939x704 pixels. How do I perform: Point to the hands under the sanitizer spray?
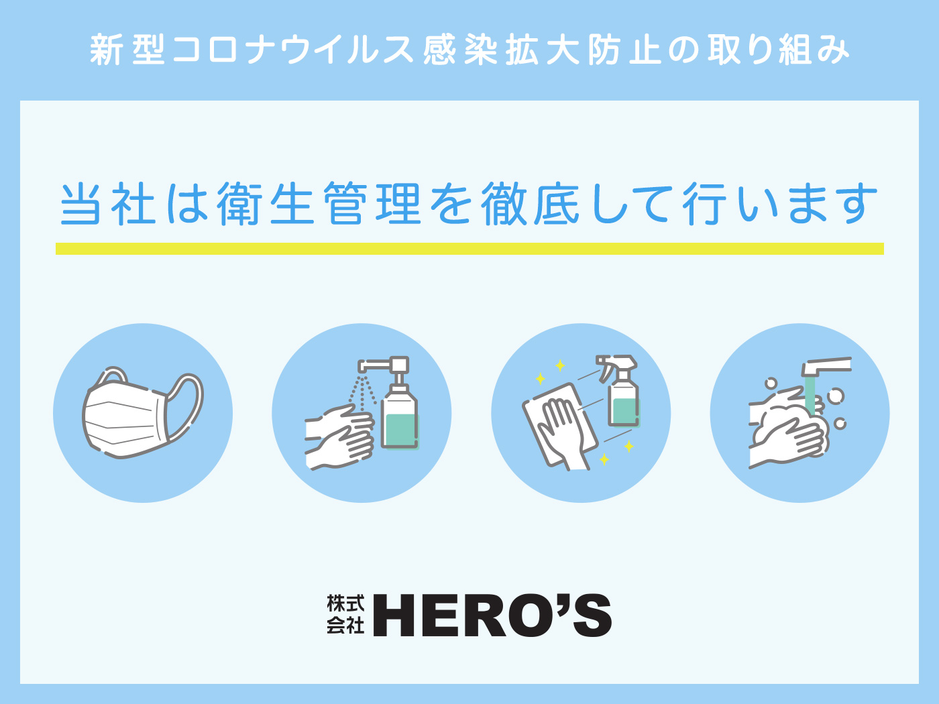pyautogui.click(x=339, y=437)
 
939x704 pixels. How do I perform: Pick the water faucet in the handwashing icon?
pyautogui.click(x=826, y=366)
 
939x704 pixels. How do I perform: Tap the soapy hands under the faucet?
pyautogui.click(x=788, y=432)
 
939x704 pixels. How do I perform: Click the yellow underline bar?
pyautogui.click(x=469, y=249)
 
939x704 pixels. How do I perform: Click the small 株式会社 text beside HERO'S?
pyautogui.click(x=345, y=614)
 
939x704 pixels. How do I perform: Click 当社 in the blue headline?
pyautogui.click(x=107, y=204)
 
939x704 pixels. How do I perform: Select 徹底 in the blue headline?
pyautogui.click(x=531, y=204)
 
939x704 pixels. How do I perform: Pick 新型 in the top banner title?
pyautogui.click(x=127, y=50)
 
